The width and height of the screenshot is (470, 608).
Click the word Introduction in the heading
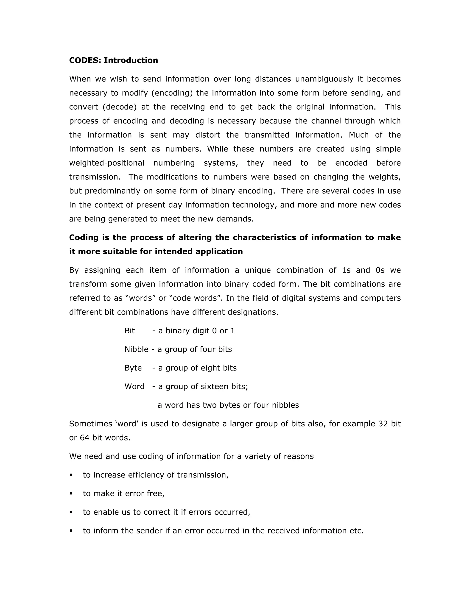[x=131, y=60]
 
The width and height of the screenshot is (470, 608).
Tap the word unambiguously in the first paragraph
[x=324, y=79]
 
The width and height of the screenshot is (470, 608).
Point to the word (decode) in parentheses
[x=120, y=107]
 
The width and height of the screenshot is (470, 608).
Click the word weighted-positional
[x=107, y=163]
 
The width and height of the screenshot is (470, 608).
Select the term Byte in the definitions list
[x=133, y=368]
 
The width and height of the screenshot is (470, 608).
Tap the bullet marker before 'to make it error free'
[x=71, y=494]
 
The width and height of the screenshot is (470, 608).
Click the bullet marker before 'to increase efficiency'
[x=71, y=475]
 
